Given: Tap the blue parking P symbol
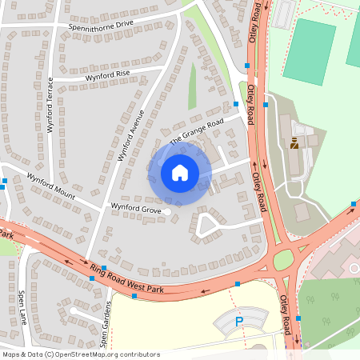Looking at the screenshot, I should [238, 321].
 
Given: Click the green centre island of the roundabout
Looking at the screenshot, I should [283, 260].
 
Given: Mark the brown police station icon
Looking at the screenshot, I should [294, 144].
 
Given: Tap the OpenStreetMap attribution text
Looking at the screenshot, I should [81, 354].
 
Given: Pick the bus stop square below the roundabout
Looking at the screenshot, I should [298, 318].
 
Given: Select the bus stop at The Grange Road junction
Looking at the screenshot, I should [236, 104].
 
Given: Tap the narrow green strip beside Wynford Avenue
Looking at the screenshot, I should [192, 86].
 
